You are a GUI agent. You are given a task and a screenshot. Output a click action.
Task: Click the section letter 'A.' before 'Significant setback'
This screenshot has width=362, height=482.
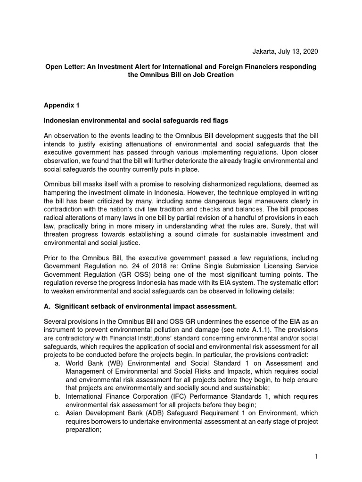click(47, 307)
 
